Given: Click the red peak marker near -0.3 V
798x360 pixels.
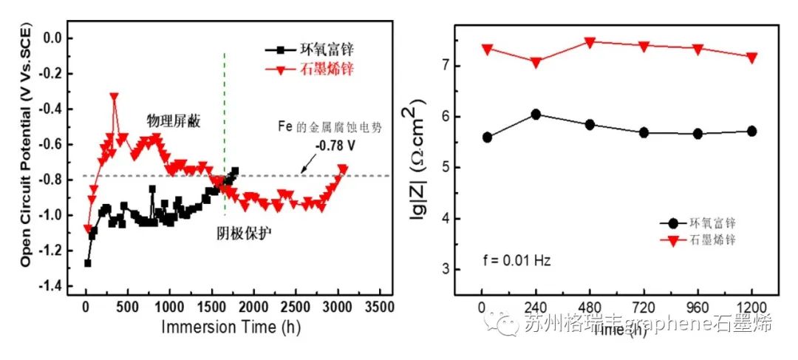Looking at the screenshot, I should (x=114, y=97).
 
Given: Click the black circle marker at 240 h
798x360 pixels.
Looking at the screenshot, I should (x=536, y=114).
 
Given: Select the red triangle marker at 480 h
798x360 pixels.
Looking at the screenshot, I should (x=590, y=42).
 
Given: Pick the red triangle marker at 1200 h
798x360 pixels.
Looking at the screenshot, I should (x=751, y=58).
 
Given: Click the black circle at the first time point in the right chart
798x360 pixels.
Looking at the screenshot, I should (x=487, y=137).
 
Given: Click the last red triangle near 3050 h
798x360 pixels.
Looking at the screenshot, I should (x=342, y=169).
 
